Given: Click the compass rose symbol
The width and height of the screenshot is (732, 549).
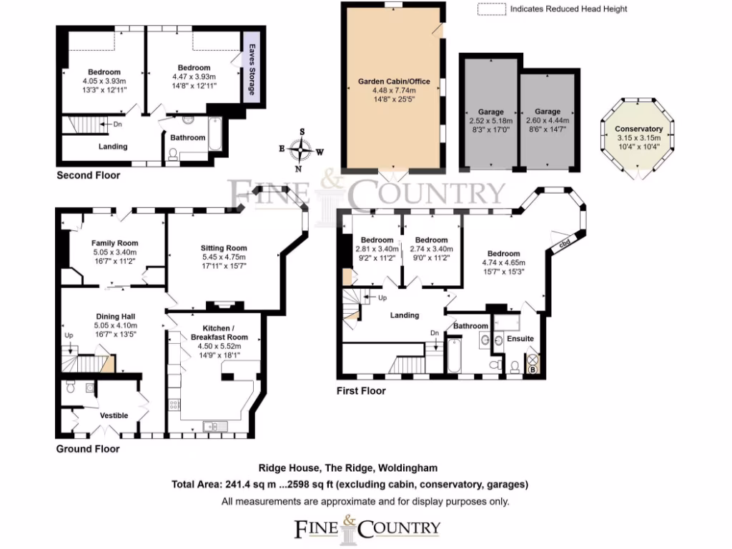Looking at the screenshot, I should pyautogui.click(x=303, y=150).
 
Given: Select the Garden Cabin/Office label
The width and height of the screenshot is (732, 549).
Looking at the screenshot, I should pyautogui.click(x=394, y=81).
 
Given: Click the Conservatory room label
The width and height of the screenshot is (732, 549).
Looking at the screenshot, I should pyautogui.click(x=639, y=129).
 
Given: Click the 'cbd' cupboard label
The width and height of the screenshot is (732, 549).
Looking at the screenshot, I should pyautogui.click(x=564, y=244).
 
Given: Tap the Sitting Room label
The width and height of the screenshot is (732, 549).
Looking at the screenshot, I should pyautogui.click(x=224, y=248).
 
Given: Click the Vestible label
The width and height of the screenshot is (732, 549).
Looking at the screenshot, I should pyautogui.click(x=114, y=415).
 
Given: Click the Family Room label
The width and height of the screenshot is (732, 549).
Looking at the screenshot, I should pyautogui.click(x=114, y=243).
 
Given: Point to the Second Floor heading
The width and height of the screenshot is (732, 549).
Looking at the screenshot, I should pyautogui.click(x=89, y=175).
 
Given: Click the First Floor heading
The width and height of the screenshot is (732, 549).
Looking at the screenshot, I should pyautogui.click(x=361, y=391).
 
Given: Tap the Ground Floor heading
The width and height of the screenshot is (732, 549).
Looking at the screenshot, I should pyautogui.click(x=88, y=449).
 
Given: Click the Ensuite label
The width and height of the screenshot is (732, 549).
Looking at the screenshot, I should pyautogui.click(x=520, y=338).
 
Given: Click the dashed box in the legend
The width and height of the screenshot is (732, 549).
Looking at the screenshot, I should pyautogui.click(x=490, y=9).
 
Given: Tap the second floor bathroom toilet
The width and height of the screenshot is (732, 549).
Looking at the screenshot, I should pyautogui.click(x=172, y=154).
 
